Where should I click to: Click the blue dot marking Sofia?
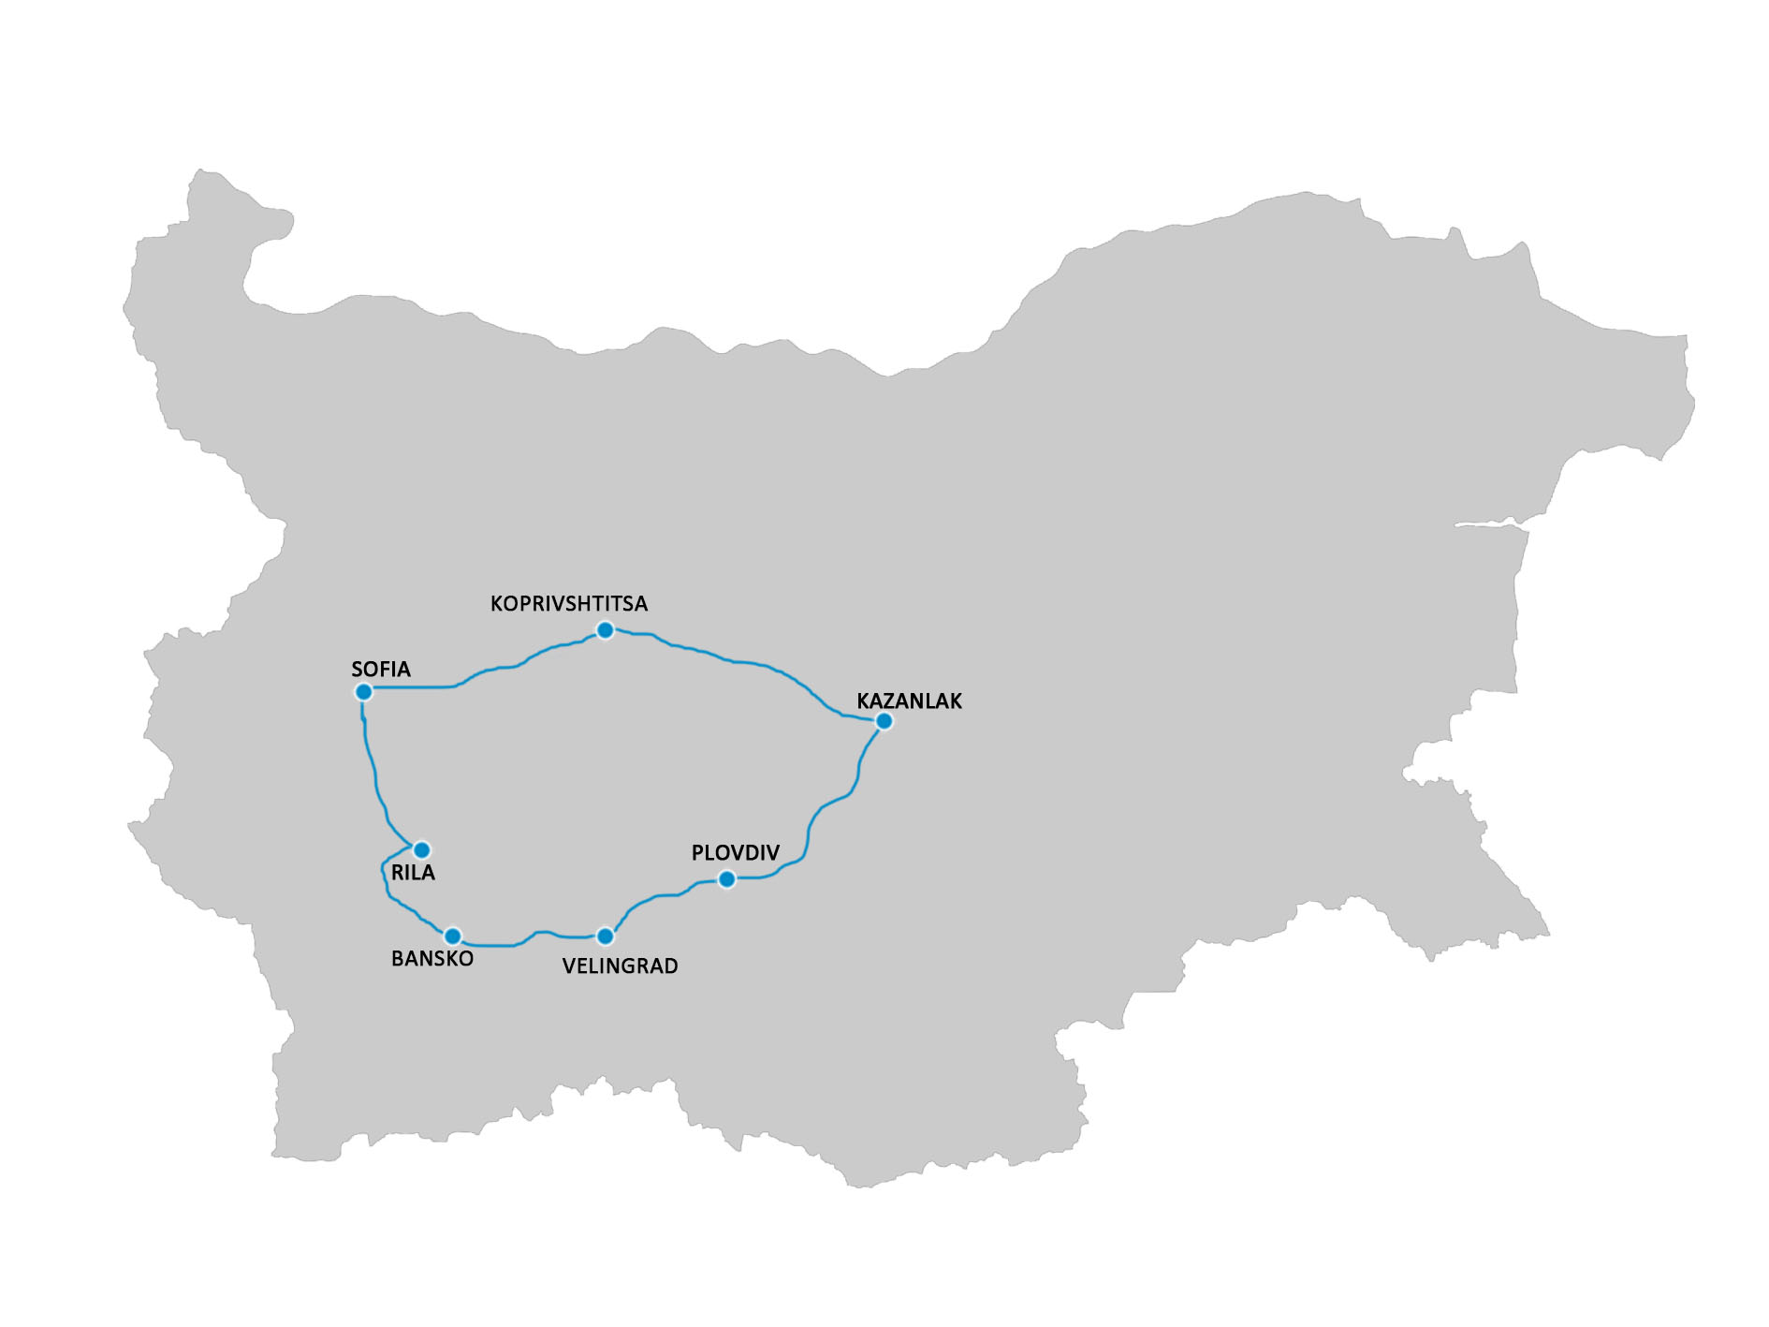[364, 692]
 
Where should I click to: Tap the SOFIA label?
[381, 670]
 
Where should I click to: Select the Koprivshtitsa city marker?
[606, 630]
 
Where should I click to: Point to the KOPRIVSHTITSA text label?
[569, 604]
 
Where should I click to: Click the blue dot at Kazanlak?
[884, 721]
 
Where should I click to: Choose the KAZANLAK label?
[909, 701]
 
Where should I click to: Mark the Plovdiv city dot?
[726, 879]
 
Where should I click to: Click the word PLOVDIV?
[735, 853]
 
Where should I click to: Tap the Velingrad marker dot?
[606, 936]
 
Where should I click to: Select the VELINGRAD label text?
[620, 966]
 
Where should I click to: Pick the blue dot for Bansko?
[453, 936]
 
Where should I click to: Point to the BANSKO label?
[432, 959]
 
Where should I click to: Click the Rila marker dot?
[422, 850]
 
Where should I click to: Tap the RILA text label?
[413, 873]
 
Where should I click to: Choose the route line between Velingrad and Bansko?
[524, 939]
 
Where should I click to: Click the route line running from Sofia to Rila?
[374, 768]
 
